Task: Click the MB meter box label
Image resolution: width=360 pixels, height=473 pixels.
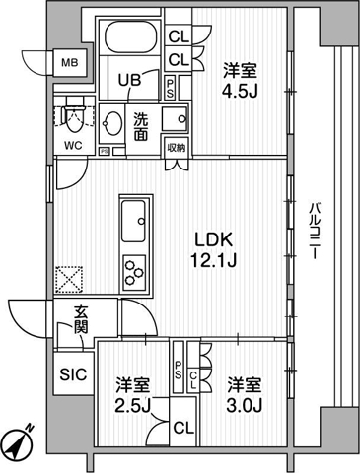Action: point(70,62)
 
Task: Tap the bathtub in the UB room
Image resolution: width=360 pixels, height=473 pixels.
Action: point(130,36)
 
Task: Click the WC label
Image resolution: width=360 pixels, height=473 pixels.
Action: point(73,146)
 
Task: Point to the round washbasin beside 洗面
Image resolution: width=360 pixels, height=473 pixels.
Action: point(112,123)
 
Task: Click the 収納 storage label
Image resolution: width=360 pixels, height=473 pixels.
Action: point(177,148)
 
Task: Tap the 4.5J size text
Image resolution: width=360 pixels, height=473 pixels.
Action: point(240,93)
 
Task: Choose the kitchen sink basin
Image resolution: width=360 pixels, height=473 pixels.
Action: point(133,221)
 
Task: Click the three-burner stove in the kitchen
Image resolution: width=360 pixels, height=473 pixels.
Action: point(134,272)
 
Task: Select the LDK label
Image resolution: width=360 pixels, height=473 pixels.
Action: point(214,240)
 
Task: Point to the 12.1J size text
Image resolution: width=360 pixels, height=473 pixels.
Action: point(213,261)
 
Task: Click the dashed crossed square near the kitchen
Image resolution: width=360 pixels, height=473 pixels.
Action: point(69,279)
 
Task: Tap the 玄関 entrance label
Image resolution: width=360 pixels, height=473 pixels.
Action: point(81,319)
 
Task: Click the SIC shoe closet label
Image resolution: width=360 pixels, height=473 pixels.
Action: point(73,374)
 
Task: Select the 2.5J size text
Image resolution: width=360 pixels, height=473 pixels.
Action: point(132,407)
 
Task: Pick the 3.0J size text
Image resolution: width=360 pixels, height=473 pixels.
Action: point(245,406)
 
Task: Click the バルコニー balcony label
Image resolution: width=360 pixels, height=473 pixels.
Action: point(315,232)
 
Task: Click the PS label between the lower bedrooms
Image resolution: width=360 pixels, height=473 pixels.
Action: point(179,370)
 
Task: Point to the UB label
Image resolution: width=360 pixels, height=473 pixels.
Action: point(130,80)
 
